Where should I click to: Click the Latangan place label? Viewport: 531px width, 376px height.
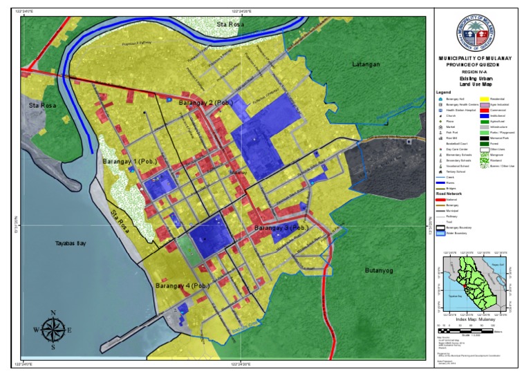tap(366, 64)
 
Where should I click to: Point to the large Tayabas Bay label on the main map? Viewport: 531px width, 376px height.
tap(70, 244)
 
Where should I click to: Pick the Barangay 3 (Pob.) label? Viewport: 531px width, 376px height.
tap(281, 227)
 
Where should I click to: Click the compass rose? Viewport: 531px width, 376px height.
tap(53, 330)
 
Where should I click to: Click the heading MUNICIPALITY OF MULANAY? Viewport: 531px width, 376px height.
tap(476, 58)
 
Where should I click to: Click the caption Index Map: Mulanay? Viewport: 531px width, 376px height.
tap(476, 319)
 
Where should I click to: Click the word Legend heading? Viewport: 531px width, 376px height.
tap(443, 92)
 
